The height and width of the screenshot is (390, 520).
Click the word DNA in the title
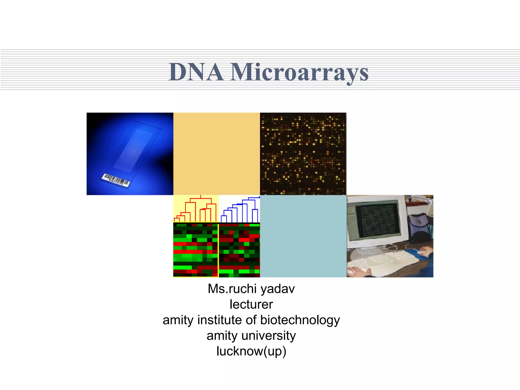(x=196, y=72)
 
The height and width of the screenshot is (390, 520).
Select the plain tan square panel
(x=217, y=154)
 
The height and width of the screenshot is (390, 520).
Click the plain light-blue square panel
(x=303, y=236)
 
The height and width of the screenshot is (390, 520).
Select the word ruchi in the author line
(x=243, y=289)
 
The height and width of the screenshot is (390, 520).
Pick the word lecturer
(x=251, y=304)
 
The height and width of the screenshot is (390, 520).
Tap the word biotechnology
(x=300, y=320)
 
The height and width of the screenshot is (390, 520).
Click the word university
(x=269, y=336)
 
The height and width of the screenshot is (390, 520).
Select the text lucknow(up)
(x=251, y=351)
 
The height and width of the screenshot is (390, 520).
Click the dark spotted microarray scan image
(x=303, y=154)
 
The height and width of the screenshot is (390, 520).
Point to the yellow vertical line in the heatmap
(x=218, y=250)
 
